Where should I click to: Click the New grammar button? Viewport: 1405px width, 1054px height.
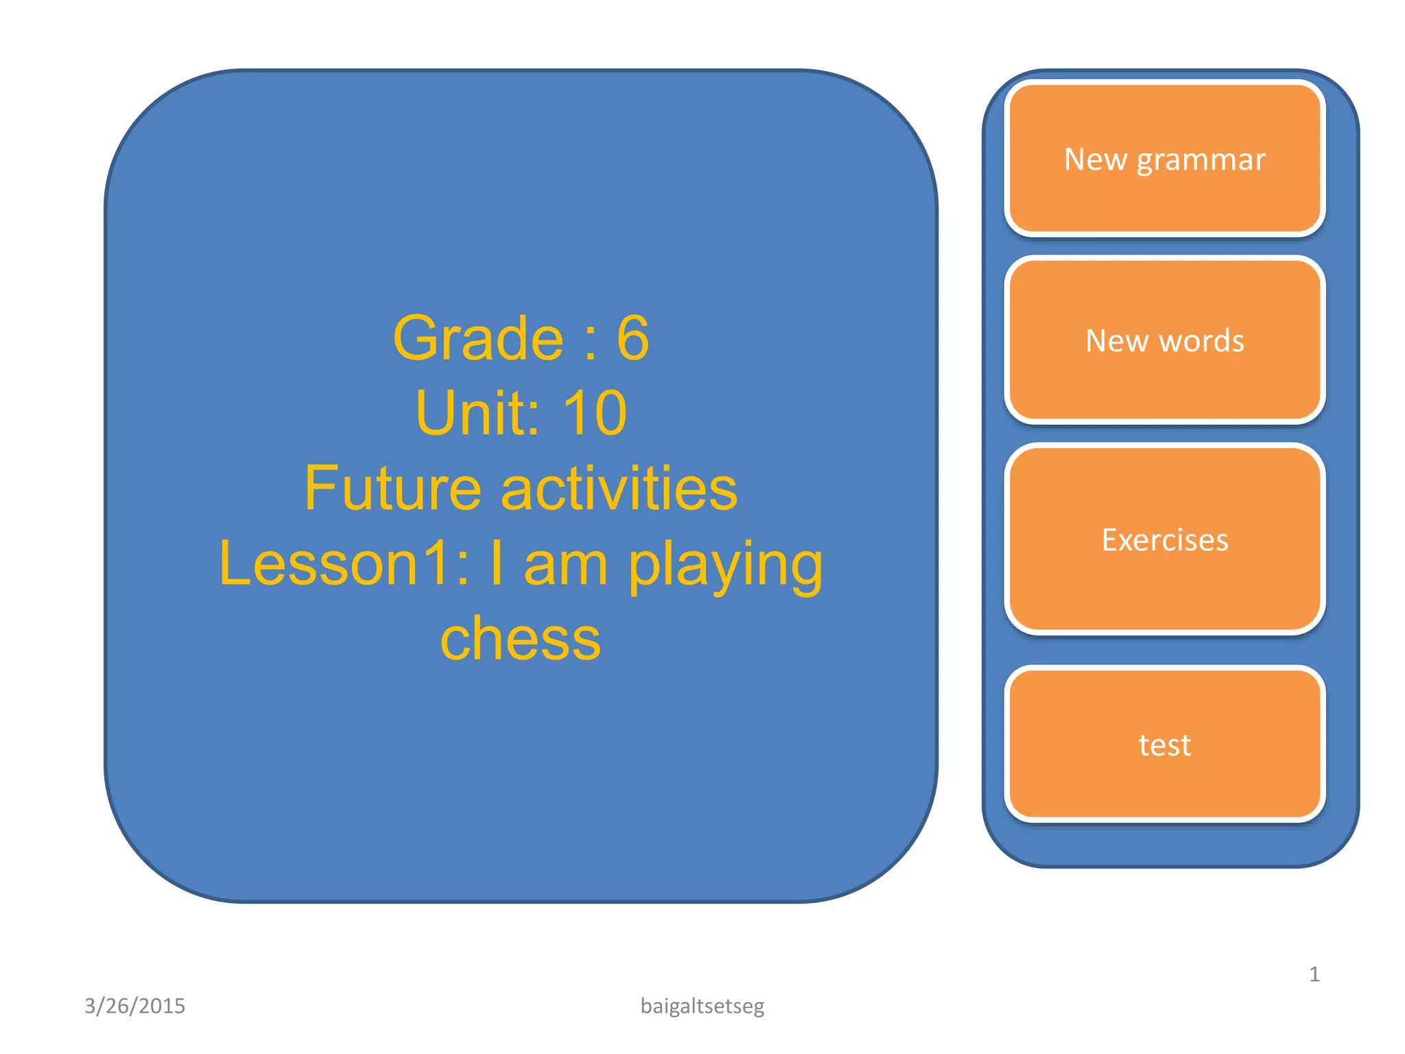coord(1164,159)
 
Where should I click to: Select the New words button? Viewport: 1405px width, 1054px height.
coord(1164,341)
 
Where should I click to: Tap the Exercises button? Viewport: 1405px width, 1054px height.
coord(1164,540)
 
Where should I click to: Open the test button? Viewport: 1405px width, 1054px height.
coord(1164,745)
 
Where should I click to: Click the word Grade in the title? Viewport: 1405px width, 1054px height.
coord(478,338)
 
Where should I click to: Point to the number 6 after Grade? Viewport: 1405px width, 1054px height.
coord(632,338)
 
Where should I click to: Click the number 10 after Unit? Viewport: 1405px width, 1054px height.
coord(594,413)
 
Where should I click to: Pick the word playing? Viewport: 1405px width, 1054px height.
coord(725,566)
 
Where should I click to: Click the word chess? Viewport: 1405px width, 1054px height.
coord(520,639)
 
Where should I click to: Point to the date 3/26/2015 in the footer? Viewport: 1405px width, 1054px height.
coord(134,1006)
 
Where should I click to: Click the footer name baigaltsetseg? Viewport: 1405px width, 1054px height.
coord(702,1006)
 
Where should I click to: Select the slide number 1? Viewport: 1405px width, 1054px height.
coord(1314,974)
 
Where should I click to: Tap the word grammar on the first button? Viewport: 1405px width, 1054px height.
coord(1201,161)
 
